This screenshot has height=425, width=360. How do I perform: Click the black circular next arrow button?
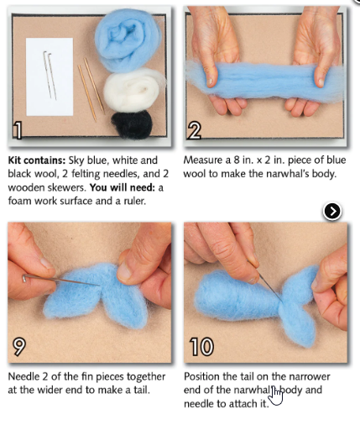332,211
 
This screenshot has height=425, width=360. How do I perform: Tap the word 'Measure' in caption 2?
206,160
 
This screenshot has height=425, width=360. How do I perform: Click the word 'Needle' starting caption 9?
25,375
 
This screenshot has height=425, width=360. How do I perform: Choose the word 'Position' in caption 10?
206,375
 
